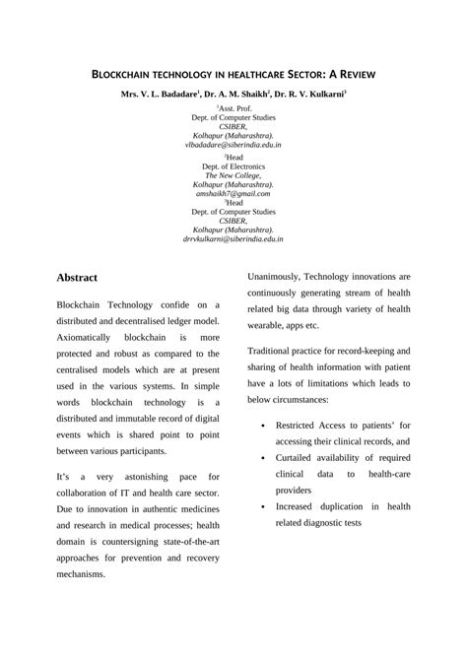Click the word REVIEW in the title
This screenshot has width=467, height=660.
pyautogui.click(x=347, y=74)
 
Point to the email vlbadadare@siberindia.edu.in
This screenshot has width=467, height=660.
pyautogui.click(x=233, y=145)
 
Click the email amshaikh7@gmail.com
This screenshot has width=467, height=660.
pyautogui.click(x=233, y=194)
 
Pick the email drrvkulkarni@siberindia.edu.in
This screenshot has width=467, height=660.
pyautogui.click(x=233, y=239)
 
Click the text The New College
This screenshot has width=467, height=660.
pyautogui.click(x=233, y=175)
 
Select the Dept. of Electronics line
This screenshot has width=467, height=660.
pyautogui.click(x=233, y=166)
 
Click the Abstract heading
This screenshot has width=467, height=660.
pyautogui.click(x=82, y=278)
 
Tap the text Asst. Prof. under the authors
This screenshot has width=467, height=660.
pyautogui.click(x=234, y=110)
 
